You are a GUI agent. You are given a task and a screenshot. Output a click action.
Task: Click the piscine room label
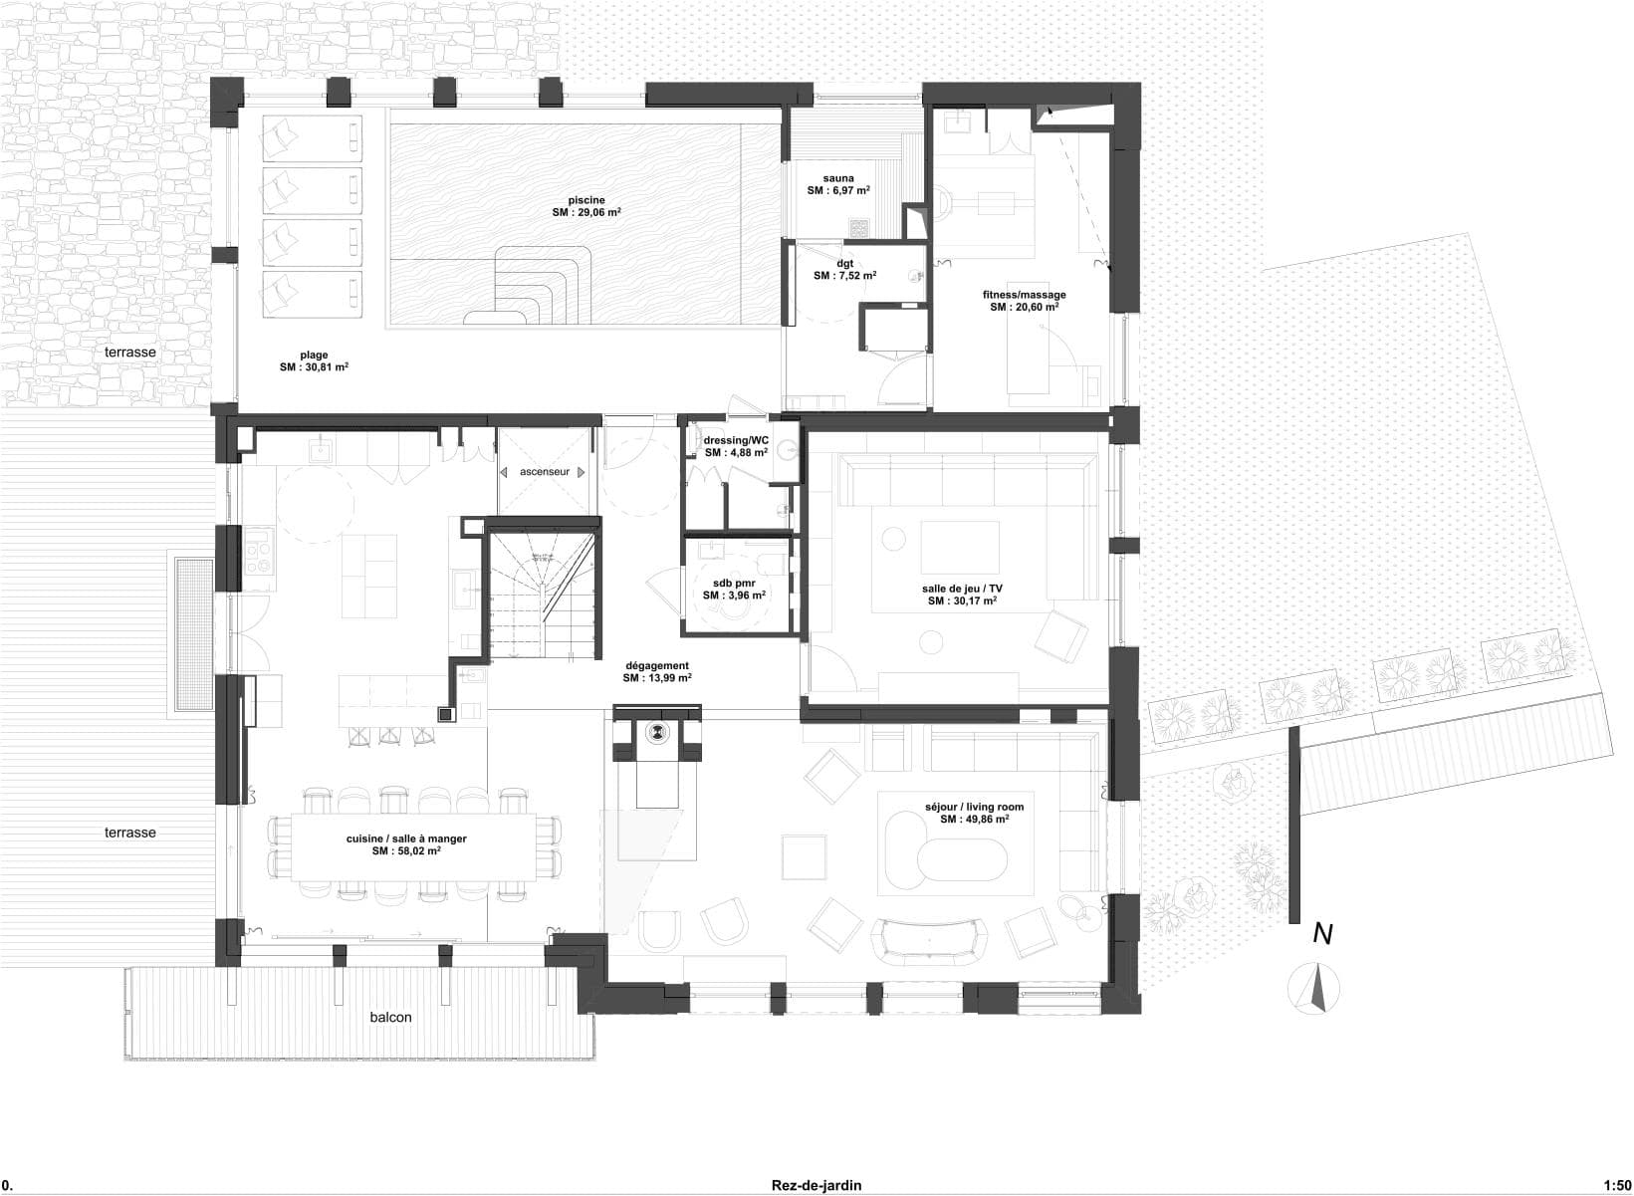[586, 200]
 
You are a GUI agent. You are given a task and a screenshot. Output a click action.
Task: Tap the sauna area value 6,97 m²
[838, 190]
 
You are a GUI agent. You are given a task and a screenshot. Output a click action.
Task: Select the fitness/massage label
[1024, 295]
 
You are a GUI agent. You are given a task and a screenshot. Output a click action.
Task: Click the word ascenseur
[545, 471]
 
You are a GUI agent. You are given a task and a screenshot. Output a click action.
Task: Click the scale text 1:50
[1617, 1185]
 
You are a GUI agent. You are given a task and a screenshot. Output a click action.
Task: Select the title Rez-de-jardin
[816, 1185]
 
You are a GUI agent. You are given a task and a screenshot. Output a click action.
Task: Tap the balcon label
[390, 1017]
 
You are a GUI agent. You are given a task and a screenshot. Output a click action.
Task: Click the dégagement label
[657, 665]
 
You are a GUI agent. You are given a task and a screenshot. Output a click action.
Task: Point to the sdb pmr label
[734, 583]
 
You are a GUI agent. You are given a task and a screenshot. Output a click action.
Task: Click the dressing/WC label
[736, 439]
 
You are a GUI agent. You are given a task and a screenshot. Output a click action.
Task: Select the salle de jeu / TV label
[962, 589]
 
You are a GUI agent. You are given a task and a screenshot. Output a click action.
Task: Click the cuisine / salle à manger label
[406, 838]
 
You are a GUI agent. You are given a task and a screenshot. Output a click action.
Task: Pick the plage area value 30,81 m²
[314, 367]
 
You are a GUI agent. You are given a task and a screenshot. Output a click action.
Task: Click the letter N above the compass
[1322, 933]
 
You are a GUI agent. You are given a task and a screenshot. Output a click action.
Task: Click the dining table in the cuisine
[413, 846]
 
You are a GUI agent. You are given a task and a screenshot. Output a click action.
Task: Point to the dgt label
[844, 263]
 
